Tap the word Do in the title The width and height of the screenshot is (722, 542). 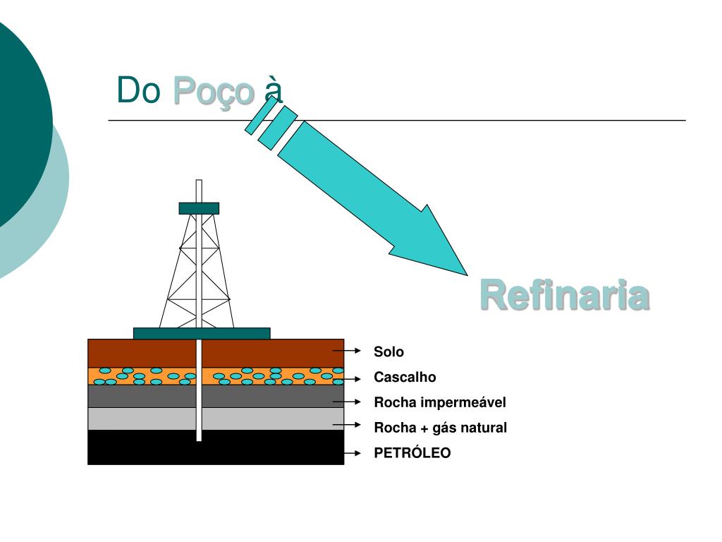point(139,90)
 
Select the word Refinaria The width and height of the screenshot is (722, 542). point(564,296)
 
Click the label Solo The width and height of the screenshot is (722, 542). point(388,351)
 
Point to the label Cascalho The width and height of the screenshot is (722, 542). point(405,377)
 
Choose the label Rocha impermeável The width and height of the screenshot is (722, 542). point(440,402)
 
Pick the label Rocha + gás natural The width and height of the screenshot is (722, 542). point(440,428)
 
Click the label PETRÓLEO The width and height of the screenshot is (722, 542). point(412,453)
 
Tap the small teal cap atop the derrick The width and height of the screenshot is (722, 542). point(199,208)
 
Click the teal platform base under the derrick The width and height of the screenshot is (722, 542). point(202,333)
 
